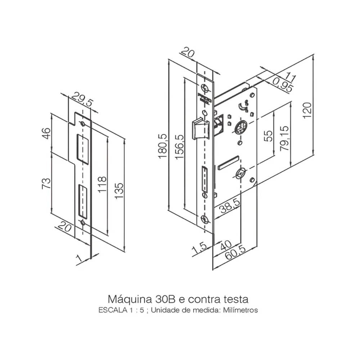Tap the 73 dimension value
tap(46, 183)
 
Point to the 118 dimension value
tap(102, 184)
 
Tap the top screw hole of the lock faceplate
tap(205, 88)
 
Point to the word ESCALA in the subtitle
tap(110, 310)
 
